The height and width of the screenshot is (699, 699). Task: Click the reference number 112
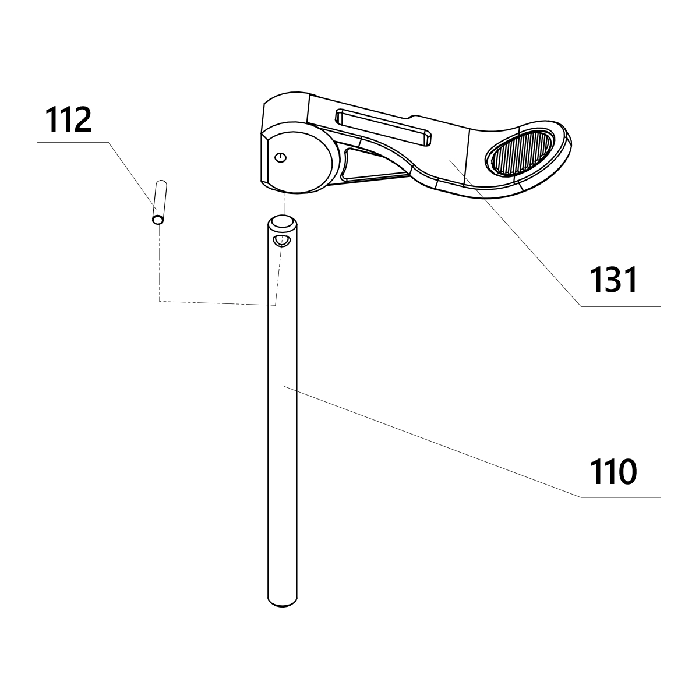68,120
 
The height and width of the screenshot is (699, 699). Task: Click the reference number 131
613,280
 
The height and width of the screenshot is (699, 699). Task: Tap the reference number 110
613,472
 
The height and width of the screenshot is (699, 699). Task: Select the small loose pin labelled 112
159,202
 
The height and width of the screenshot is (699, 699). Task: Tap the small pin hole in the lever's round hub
281,157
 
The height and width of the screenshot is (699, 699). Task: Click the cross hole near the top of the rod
281,241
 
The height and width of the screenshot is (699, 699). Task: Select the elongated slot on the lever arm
383,126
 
